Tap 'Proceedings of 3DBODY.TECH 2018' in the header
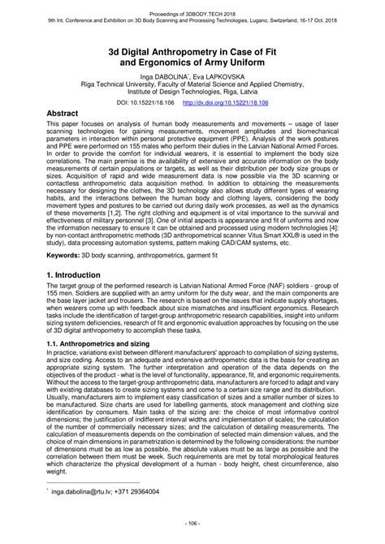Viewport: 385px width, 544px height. point(192,6)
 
